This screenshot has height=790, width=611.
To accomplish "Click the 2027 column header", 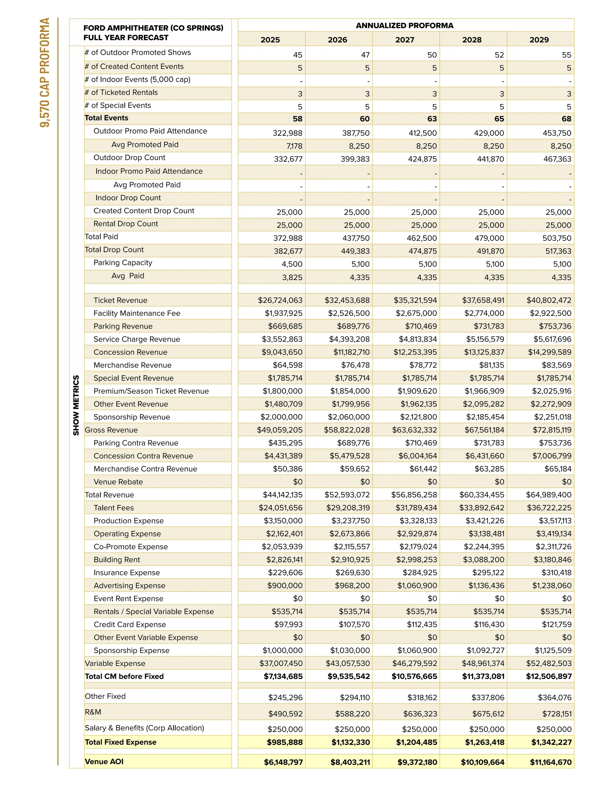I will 404,40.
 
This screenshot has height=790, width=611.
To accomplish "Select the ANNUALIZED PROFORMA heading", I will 404,26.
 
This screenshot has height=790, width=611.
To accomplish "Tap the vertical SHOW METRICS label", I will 76,405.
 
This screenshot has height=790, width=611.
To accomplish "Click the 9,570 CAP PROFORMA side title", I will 45,72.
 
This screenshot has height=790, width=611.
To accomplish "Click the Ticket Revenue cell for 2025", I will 280,300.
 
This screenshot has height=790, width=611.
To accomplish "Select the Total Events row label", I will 107,118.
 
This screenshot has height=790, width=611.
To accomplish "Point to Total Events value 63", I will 431,119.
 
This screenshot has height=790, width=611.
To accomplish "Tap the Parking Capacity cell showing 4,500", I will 292,264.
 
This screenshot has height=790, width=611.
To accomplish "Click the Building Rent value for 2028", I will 483,560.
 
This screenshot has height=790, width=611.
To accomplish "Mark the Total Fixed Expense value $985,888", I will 285,742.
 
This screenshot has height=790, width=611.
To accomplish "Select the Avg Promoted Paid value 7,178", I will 294,146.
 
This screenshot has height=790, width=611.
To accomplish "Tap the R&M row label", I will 93,712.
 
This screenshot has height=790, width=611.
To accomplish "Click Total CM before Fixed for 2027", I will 414,676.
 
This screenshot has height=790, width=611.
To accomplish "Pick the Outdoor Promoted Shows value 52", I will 499,55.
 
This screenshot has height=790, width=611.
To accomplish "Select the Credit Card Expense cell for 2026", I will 354,625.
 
